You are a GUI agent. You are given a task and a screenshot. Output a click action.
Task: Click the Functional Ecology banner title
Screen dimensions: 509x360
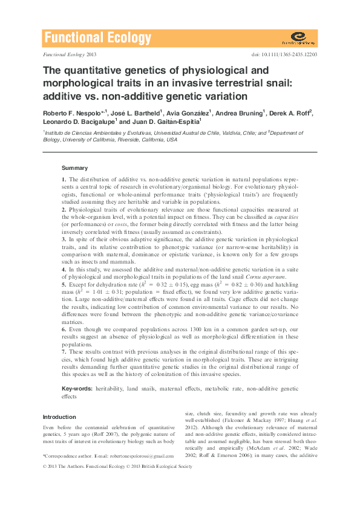click(97, 39)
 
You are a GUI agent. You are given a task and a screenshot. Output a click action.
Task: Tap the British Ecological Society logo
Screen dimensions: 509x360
click(298, 39)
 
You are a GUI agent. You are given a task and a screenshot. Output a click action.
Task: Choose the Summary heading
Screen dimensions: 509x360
click(74, 168)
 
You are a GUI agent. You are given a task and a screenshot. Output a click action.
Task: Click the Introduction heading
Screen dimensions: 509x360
click(59, 417)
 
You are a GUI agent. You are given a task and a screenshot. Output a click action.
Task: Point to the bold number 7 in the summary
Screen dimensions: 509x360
click(64, 351)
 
